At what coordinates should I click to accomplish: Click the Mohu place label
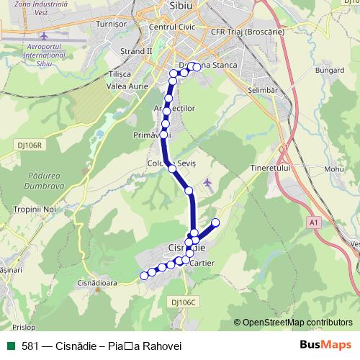333,169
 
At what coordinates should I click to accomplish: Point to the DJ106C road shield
184,302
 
